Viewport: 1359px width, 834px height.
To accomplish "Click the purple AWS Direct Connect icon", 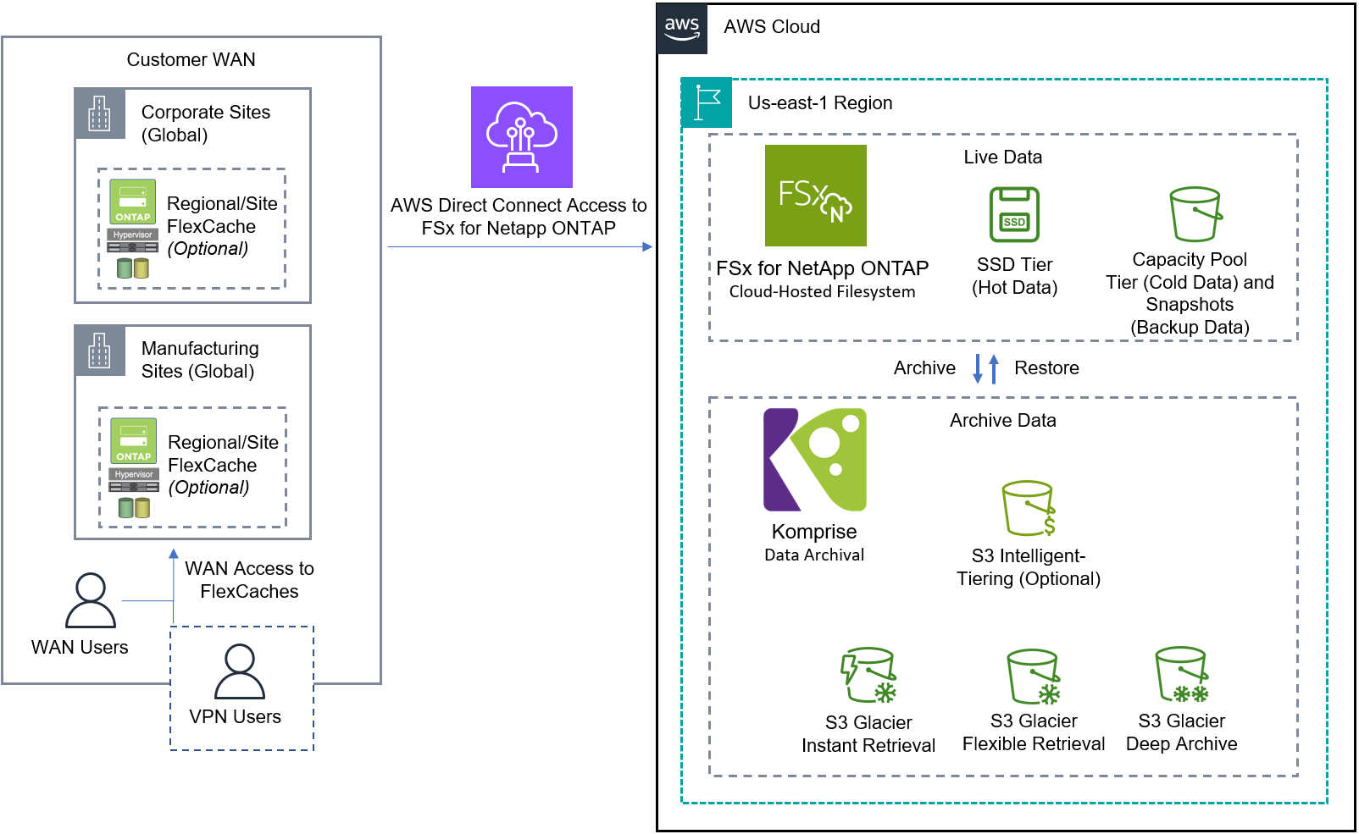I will coord(521,136).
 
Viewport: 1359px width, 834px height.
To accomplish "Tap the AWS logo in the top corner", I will coord(682,28).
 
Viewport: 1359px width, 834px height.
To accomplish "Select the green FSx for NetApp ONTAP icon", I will coord(815,196).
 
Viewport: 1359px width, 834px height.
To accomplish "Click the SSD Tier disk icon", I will coord(1014,215).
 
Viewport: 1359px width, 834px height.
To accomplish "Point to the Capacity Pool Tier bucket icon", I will coord(1195,214).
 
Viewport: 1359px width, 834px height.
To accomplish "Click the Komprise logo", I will coord(814,460).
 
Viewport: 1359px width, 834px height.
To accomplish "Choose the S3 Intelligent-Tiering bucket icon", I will coord(1029,508).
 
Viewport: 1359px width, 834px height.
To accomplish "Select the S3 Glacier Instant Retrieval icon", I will coord(868,676).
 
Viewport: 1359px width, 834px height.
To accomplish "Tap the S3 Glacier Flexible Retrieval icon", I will coord(1034,677).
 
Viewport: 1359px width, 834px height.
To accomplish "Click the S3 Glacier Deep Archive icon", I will coord(1182,675).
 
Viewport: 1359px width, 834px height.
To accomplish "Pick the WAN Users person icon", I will coord(90,600).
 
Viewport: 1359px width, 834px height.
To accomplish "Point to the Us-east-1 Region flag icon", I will coord(707,103).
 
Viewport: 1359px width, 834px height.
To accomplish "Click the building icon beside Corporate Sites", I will coord(99,113).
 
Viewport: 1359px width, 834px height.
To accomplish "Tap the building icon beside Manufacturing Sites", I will coord(99,350).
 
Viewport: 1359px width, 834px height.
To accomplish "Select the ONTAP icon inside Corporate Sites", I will coord(133,202).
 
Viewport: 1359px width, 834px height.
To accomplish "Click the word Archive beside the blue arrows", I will coord(924,368).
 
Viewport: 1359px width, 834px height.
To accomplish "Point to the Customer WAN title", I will coord(191,60).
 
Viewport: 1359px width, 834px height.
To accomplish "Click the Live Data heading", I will coord(1002,157).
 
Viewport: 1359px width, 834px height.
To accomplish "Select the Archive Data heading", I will coord(1002,421).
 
